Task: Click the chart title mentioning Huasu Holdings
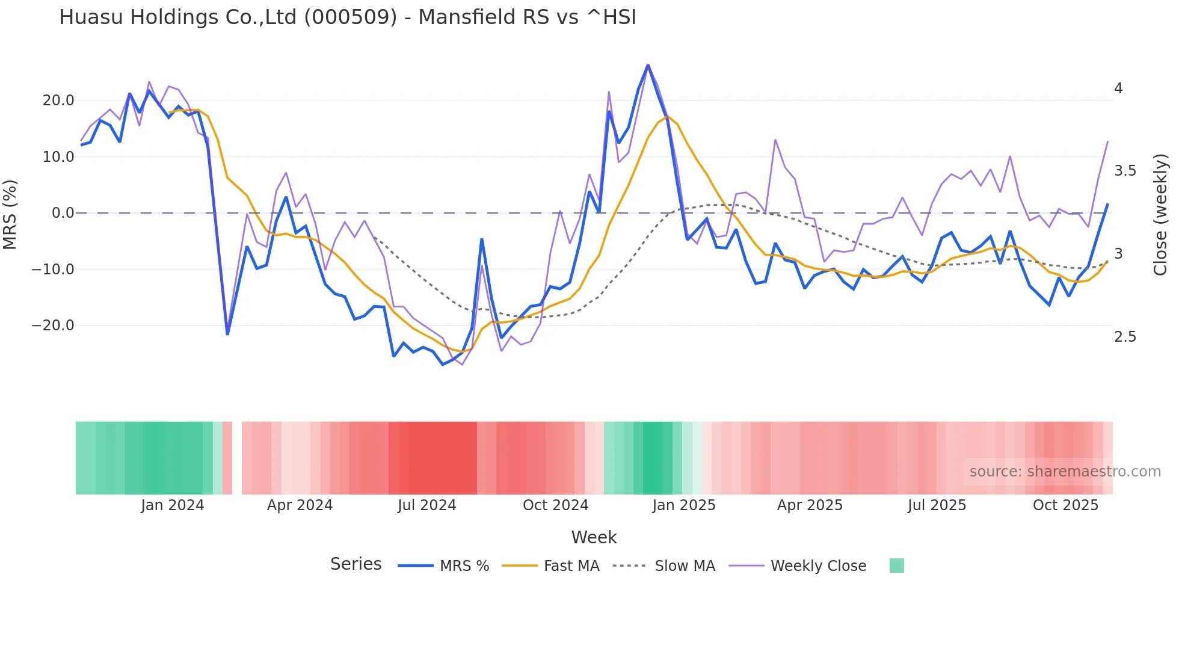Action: [347, 17]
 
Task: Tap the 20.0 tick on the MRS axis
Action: [58, 100]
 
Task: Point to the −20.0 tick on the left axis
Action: [53, 325]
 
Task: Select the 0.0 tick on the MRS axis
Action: [63, 213]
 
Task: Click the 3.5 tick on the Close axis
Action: [1125, 171]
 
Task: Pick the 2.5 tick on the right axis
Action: [1125, 337]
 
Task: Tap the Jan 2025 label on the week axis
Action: [683, 505]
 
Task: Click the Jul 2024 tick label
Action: [426, 505]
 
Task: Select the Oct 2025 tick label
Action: [1065, 505]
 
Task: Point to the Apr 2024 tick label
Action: [300, 505]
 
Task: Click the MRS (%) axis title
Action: [10, 214]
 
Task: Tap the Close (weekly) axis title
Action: [1160, 214]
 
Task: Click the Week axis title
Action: [594, 537]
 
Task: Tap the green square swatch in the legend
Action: [896, 566]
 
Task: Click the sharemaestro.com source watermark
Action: [1065, 472]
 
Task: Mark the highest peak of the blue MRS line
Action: [648, 65]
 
